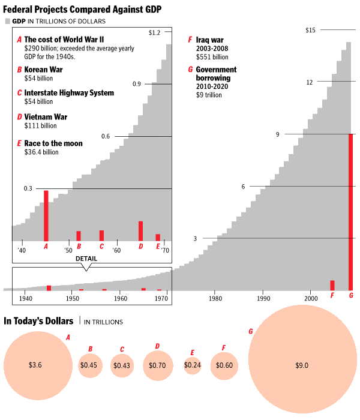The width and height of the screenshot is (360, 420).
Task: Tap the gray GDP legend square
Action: click(8, 21)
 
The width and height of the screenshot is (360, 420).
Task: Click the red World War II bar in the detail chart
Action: click(46, 215)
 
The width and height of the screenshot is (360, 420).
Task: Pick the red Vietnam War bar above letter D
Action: click(140, 230)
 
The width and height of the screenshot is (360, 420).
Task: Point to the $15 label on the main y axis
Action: click(310, 30)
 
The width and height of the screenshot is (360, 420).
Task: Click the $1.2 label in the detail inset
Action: click(154, 32)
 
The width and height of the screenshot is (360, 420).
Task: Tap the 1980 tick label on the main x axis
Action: click(215, 298)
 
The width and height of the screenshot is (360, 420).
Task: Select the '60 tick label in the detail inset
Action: click(116, 250)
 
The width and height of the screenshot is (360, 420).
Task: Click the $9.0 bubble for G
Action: click(302, 365)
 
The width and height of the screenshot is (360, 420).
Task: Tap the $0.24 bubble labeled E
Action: click(193, 365)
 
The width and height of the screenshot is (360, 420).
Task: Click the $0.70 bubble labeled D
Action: click(158, 365)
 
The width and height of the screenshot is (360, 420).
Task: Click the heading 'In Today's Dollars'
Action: click(39, 321)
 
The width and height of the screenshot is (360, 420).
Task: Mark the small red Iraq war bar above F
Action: click(332, 285)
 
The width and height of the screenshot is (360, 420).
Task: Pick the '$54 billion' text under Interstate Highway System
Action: click(38, 102)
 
